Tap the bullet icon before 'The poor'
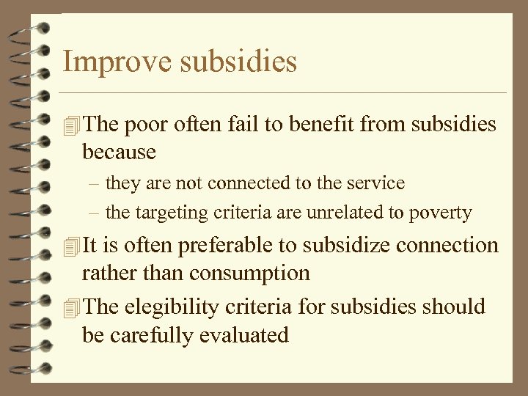point(71,125)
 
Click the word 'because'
point(119,152)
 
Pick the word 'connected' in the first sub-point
point(244,183)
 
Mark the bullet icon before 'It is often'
point(71,246)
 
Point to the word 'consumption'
point(249,274)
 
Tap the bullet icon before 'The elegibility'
point(71,307)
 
